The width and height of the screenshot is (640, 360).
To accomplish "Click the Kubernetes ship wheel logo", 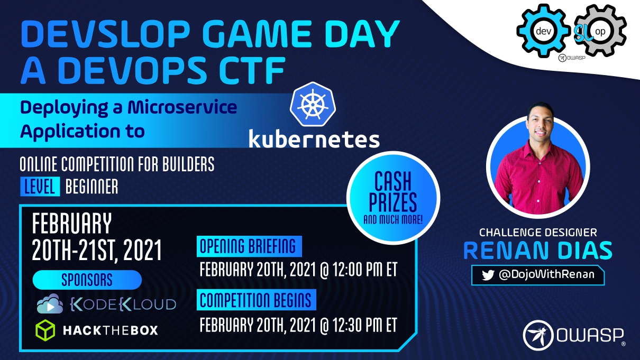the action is pos(313,105).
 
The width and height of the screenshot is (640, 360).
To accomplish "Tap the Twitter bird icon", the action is pos(488,275).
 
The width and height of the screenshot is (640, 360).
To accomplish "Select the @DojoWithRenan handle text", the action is pos(546,274).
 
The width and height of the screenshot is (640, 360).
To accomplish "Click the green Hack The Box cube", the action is pos(45,330).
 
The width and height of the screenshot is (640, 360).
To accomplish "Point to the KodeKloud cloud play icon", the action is pos(50,304).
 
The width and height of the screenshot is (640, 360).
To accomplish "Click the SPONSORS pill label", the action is pos(87,280).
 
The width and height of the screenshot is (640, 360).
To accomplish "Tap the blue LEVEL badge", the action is pos(40,187).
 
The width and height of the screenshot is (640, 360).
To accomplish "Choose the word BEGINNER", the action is pos(92,187).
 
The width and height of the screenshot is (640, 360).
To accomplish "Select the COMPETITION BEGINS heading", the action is pos(257,300).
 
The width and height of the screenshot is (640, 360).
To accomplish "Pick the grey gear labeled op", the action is pos(600,31).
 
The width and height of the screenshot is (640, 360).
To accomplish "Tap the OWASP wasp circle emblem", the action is pos(538,335).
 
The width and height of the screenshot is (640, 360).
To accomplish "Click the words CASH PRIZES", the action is pos(393,191).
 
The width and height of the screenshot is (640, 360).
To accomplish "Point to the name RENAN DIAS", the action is pos(538,251).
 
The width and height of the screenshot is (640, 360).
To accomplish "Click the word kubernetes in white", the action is pos(314,139).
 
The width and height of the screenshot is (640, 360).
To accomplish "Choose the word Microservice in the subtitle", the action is pos(182,107).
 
